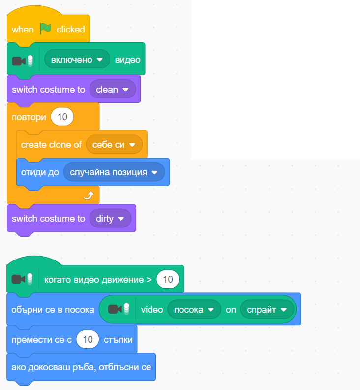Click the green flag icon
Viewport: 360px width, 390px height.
point(45,29)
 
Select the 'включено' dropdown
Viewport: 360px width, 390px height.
point(77,60)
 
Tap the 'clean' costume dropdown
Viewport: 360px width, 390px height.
point(112,90)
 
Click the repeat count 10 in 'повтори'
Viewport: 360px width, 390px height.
point(62,117)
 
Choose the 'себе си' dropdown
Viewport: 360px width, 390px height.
point(114,145)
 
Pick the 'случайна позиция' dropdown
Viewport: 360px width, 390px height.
point(114,172)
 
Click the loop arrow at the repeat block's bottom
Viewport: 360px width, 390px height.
point(88,196)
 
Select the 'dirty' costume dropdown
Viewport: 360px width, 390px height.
point(110,218)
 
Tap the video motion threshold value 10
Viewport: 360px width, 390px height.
point(168,280)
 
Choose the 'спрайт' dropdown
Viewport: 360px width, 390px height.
point(267,310)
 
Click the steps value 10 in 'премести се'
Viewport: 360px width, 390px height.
point(88,340)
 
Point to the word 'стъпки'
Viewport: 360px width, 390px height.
point(118,340)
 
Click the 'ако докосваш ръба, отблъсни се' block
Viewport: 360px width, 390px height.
point(81,367)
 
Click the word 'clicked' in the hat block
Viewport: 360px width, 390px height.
point(71,29)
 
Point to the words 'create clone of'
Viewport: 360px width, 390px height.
point(51,145)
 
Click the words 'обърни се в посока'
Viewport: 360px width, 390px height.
point(53,310)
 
